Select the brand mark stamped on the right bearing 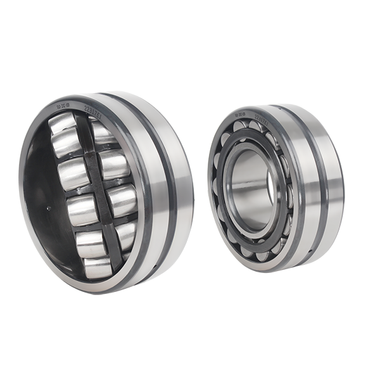pos(239,117)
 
